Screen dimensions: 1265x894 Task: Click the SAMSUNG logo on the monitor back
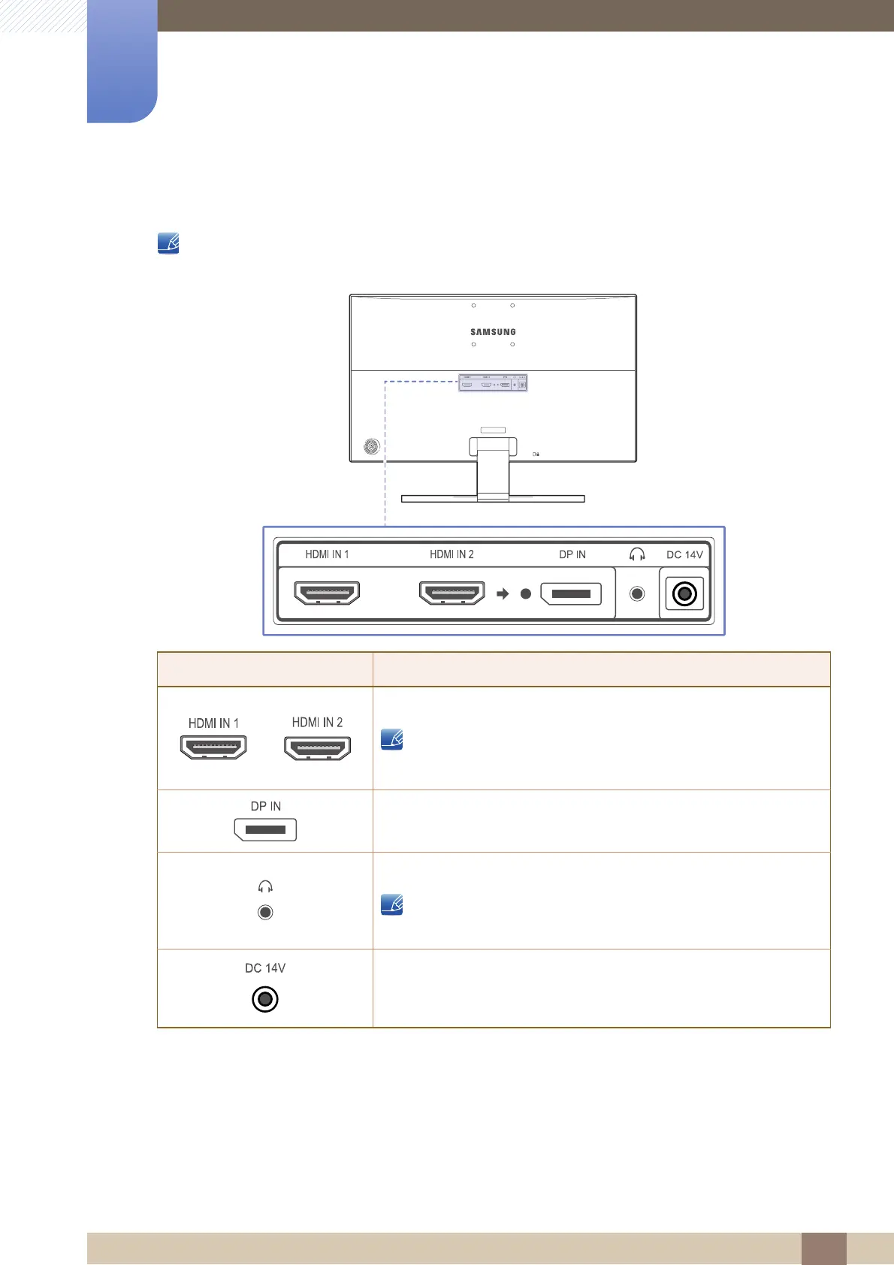(x=493, y=331)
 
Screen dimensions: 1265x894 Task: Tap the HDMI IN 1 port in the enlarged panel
(x=328, y=593)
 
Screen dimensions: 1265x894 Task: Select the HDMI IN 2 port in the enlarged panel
(x=452, y=593)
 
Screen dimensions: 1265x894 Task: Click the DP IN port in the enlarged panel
(x=571, y=593)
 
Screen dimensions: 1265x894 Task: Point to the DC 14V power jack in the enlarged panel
(x=684, y=594)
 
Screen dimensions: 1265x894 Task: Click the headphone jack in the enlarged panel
(x=637, y=593)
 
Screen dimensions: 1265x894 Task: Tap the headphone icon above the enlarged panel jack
(x=637, y=554)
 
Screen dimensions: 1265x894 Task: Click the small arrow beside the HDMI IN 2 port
(x=503, y=593)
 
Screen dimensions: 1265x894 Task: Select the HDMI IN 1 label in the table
(x=213, y=723)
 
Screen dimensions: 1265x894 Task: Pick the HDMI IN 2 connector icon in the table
(x=317, y=748)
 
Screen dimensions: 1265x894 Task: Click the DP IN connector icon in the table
(x=266, y=829)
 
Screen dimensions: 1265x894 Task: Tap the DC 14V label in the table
(x=265, y=968)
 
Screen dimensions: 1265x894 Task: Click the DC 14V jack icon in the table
(x=265, y=999)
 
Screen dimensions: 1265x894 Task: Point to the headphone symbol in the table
(x=265, y=887)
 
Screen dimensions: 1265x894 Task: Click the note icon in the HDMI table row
(x=391, y=739)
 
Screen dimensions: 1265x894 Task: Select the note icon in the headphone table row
(x=391, y=904)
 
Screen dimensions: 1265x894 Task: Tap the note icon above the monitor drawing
(x=168, y=243)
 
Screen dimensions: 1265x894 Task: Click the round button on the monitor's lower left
(x=372, y=446)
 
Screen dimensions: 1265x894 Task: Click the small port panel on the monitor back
(x=493, y=383)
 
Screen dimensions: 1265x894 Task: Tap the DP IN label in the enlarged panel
(x=572, y=554)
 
